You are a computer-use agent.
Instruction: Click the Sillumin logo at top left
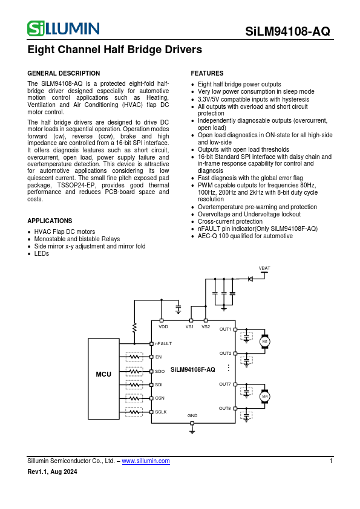pyautogui.click(x=63, y=28)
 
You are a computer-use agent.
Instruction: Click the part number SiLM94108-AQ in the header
pyautogui.click(x=288, y=32)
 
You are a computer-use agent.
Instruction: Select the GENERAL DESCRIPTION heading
pyautogui.click(x=64, y=73)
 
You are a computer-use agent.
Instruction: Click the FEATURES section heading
pyautogui.click(x=207, y=73)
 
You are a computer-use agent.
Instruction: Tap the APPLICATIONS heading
pyautogui.click(x=50, y=221)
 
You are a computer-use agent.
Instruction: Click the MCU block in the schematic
pyautogui.click(x=103, y=375)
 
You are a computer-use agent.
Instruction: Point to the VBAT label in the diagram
pyautogui.click(x=264, y=267)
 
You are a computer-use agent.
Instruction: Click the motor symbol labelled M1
pyautogui.click(x=264, y=342)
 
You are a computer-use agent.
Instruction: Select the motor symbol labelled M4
pyautogui.click(x=264, y=397)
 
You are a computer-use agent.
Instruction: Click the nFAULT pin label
pyautogui.click(x=163, y=343)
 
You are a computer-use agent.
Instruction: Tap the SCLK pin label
pyautogui.click(x=161, y=412)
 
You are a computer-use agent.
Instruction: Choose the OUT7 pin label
pyautogui.click(x=224, y=384)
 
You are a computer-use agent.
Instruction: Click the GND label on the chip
pyautogui.click(x=192, y=416)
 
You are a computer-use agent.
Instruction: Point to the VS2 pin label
pyautogui.click(x=206, y=326)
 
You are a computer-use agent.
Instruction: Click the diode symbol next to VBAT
pyautogui.click(x=250, y=279)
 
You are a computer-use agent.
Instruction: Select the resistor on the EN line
pyautogui.click(x=134, y=357)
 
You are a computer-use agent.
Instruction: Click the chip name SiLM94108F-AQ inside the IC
pyautogui.click(x=192, y=369)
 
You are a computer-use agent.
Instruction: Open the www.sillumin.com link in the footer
pyautogui.click(x=146, y=461)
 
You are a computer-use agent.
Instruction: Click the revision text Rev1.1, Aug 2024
pyautogui.click(x=52, y=472)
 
